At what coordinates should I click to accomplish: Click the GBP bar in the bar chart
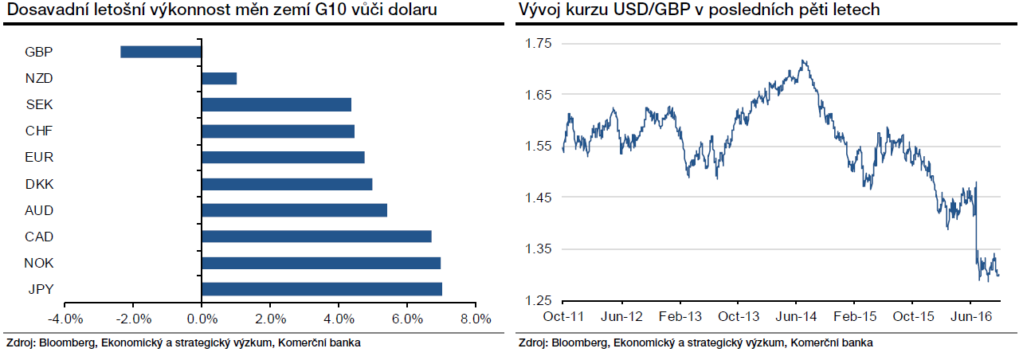click(x=161, y=52)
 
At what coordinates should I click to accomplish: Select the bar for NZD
click(x=219, y=78)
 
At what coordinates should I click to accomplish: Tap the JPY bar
click(x=322, y=289)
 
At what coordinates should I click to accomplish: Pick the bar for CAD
click(x=316, y=237)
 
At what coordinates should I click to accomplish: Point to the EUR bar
click(x=283, y=157)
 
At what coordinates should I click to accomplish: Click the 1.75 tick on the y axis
click(x=539, y=44)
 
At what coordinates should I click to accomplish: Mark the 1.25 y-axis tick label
click(x=539, y=300)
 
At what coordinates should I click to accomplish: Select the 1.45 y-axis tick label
click(x=539, y=198)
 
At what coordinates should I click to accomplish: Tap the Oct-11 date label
click(x=563, y=316)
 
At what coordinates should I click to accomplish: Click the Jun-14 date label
click(x=797, y=316)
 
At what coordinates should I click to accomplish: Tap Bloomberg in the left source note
click(x=62, y=344)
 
